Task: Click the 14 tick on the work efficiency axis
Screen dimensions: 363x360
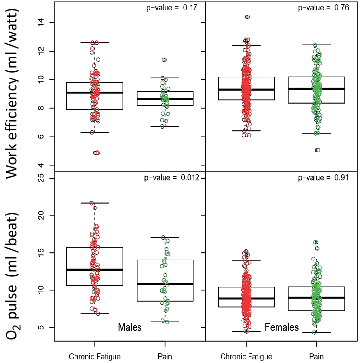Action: point(41,23)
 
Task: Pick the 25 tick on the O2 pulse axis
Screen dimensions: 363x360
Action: point(41,178)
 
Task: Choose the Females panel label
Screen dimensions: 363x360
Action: point(282,327)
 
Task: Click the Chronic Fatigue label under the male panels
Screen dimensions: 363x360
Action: point(95,357)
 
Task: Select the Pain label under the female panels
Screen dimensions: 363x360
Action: point(316,357)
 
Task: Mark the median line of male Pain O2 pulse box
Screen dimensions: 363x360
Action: point(165,284)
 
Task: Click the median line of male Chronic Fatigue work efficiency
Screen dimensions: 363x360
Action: point(95,93)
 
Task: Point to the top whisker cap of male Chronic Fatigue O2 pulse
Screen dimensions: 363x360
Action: point(95,203)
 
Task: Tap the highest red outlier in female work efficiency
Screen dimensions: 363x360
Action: point(248,17)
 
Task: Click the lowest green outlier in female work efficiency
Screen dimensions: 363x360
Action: point(318,150)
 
